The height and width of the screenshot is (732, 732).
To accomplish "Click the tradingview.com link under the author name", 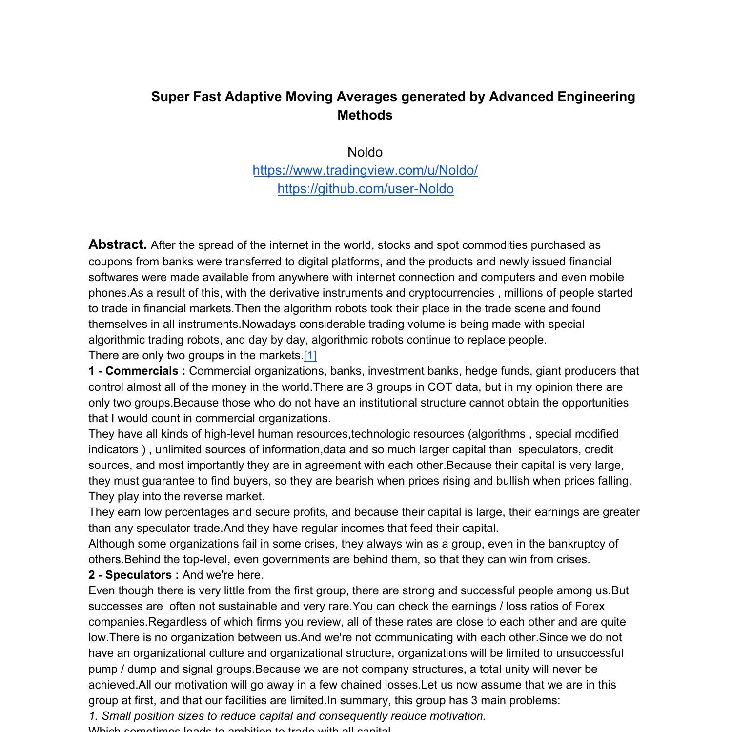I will pos(365,170).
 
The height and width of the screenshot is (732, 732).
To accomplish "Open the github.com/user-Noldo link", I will pos(366,189).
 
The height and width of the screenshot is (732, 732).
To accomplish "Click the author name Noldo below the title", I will pos(365,152).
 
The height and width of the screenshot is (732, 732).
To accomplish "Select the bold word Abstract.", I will pos(117,244).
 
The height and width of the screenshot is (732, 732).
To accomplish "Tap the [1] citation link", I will pos(310,355).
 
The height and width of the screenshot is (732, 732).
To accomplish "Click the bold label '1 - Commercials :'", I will pos(137,371).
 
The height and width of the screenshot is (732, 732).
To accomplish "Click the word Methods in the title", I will pos(365,115).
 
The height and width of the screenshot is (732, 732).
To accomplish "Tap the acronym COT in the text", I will pos(440,387).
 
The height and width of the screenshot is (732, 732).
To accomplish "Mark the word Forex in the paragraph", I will pos(590,606).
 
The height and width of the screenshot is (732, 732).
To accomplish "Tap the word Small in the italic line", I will pos(116,716).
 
